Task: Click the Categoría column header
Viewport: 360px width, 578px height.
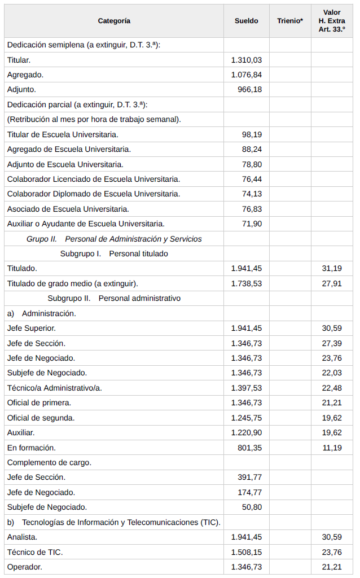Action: pyautogui.click(x=114, y=21)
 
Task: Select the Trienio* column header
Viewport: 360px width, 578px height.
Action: pyautogui.click(x=290, y=21)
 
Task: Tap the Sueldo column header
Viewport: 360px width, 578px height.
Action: pyautogui.click(x=246, y=21)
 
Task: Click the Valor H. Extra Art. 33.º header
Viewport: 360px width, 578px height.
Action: pyautogui.click(x=332, y=21)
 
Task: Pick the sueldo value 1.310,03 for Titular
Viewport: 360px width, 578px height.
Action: pyautogui.click(x=246, y=60)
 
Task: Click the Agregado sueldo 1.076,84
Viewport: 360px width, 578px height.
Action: pyautogui.click(x=246, y=75)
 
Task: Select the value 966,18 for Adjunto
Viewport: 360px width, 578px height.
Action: pyautogui.click(x=249, y=89)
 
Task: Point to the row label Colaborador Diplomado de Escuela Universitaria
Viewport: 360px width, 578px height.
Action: pyautogui.click(x=94, y=194)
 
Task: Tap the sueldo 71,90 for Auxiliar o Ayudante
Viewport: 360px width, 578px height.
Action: pyautogui.click(x=252, y=224)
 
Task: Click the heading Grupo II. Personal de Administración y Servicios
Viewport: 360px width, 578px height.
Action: pyautogui.click(x=114, y=239)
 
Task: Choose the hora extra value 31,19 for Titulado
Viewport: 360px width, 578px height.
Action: pyautogui.click(x=332, y=269)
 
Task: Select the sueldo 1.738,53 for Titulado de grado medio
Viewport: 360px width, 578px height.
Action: pyautogui.click(x=246, y=283)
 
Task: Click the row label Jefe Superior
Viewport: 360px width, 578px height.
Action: pyautogui.click(x=32, y=328)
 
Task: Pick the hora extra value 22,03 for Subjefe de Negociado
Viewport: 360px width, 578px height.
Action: pyautogui.click(x=332, y=373)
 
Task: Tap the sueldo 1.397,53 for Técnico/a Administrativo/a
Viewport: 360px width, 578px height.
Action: pyautogui.click(x=246, y=388)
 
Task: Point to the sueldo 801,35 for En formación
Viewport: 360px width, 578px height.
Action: pyautogui.click(x=249, y=448)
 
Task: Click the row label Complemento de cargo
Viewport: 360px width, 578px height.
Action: pyautogui.click(x=49, y=462)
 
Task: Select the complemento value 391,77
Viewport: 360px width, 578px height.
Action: pyautogui.click(x=249, y=477)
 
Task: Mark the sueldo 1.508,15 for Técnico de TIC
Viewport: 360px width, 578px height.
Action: pyautogui.click(x=246, y=552)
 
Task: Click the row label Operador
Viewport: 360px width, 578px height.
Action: pyautogui.click(x=25, y=567)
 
